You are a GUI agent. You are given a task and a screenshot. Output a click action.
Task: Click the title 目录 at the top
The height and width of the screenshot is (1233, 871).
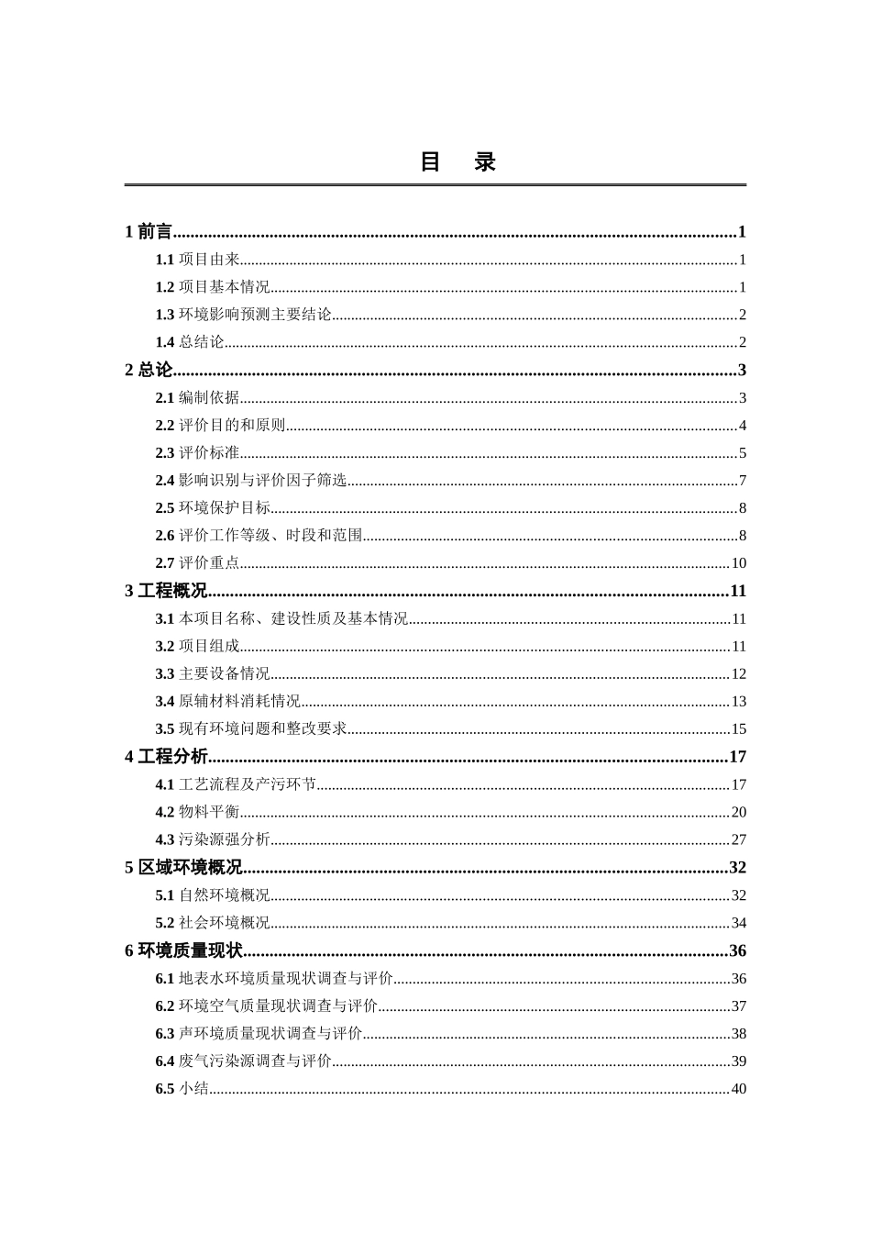(x=458, y=162)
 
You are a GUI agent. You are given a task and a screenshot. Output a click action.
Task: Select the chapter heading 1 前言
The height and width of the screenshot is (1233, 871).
(x=149, y=232)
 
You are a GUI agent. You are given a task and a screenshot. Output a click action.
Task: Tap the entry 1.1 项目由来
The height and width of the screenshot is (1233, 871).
(x=197, y=260)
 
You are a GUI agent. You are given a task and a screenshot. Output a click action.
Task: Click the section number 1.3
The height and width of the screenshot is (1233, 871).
(x=165, y=315)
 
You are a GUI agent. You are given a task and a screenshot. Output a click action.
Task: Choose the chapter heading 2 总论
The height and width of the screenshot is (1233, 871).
(x=149, y=371)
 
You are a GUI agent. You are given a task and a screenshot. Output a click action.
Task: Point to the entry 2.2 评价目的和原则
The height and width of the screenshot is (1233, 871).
(x=220, y=426)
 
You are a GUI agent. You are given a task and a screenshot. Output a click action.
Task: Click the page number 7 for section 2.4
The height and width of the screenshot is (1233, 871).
(x=743, y=481)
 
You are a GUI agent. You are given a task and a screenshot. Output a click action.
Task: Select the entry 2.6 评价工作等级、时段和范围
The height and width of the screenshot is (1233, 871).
(x=259, y=536)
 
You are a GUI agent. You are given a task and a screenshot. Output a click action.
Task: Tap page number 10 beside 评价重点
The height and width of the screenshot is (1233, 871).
(x=739, y=563)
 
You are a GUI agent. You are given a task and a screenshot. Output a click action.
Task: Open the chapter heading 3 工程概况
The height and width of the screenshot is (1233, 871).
(x=166, y=592)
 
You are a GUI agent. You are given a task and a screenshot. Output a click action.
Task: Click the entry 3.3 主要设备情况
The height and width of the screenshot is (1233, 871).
(x=213, y=674)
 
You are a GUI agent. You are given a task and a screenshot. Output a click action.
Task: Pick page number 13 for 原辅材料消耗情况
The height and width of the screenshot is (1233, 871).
(x=739, y=702)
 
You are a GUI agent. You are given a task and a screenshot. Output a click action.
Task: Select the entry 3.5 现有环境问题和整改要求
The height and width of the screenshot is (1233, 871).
(x=251, y=729)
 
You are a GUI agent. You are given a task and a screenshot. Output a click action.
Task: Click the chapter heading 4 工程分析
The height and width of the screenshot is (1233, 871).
(x=166, y=758)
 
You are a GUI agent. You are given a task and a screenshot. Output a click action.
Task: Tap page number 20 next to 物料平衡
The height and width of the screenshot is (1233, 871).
(x=739, y=812)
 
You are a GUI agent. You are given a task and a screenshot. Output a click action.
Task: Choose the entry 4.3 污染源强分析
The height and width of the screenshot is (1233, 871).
(x=213, y=839)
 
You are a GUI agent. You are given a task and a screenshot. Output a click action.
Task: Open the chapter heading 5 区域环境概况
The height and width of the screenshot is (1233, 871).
(x=183, y=868)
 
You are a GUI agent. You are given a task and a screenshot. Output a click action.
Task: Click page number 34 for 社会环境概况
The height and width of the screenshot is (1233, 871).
(x=739, y=923)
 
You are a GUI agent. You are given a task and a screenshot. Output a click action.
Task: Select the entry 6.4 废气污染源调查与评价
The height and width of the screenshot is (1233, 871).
(x=243, y=1061)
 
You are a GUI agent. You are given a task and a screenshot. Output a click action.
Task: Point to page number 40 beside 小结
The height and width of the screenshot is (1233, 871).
(x=739, y=1089)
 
